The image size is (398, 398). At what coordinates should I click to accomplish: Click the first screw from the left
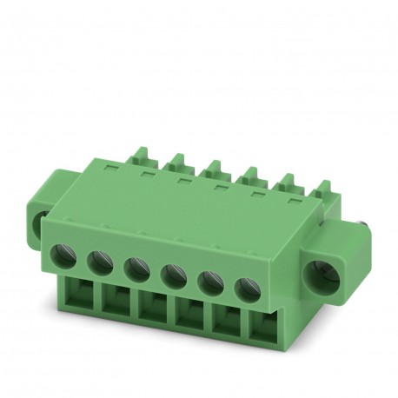tap(65, 255)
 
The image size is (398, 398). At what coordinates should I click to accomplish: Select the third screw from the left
tap(135, 267)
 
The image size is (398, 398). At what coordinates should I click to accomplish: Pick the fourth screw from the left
tap(171, 271)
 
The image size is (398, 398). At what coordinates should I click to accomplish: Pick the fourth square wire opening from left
tap(190, 319)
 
